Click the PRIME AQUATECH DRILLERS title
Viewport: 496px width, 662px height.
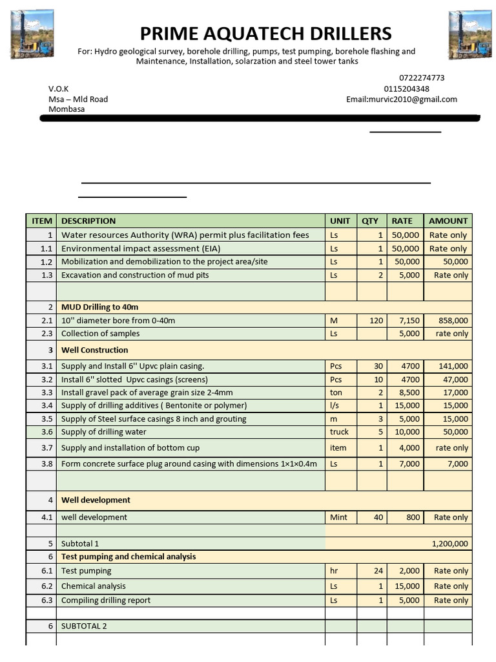266,33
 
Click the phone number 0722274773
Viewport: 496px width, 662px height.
422,78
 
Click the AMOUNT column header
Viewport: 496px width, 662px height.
448,220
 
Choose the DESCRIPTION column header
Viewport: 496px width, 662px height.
88,220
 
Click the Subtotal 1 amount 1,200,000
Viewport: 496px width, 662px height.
449,544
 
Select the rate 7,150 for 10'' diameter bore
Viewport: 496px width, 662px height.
409,321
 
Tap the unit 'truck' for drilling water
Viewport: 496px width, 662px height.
339,432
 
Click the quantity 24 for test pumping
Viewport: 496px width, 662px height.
378,571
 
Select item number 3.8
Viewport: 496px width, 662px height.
46,464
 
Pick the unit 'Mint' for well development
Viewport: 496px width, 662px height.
338,517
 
